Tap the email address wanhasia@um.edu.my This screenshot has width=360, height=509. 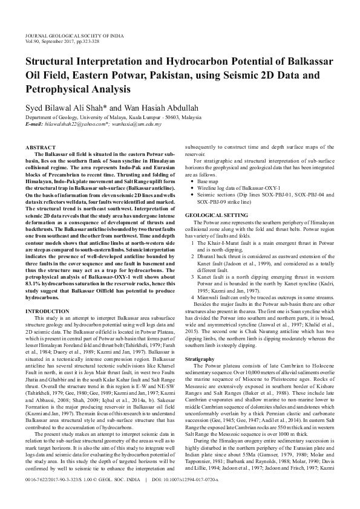click(x=137, y=124)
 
